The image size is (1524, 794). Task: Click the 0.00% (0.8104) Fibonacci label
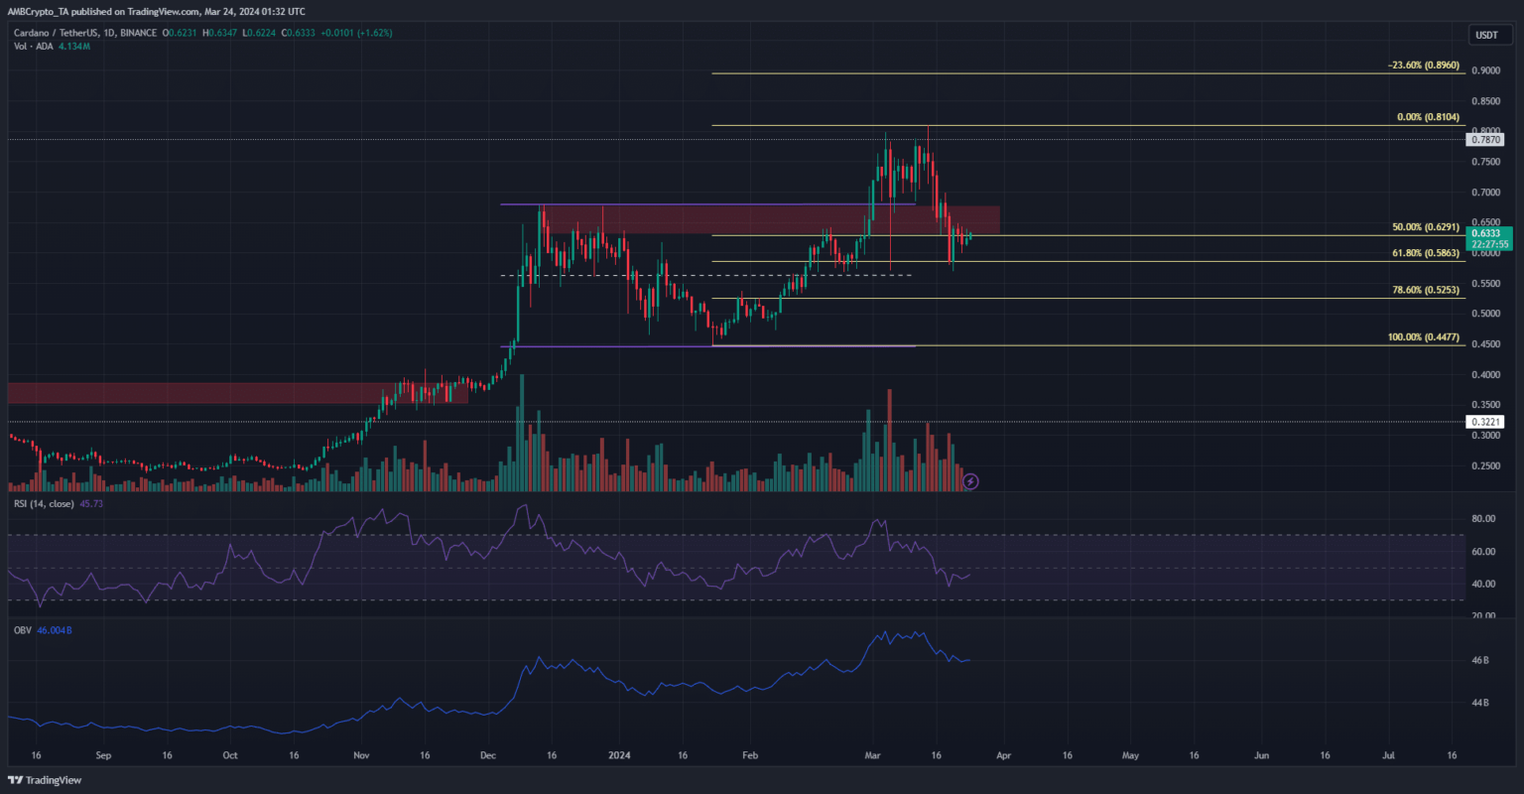tap(1427, 117)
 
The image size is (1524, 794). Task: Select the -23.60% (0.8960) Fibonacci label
tap(1423, 66)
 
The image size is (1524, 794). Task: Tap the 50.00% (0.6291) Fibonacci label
tap(1425, 227)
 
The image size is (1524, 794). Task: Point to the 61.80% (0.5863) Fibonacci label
tap(1425, 253)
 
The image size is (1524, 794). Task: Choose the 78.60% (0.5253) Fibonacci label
tap(1425, 290)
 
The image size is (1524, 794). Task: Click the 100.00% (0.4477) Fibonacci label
tap(1423, 337)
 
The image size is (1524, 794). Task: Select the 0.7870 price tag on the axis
tap(1485, 140)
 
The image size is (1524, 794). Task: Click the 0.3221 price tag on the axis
tap(1485, 422)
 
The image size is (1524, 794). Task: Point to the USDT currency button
tap(1486, 35)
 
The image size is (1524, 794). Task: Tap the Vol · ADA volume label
tap(29, 47)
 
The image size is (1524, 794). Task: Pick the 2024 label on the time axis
tap(619, 754)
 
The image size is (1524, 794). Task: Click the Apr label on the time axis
tap(1004, 754)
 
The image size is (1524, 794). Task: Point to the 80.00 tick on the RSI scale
tap(1484, 519)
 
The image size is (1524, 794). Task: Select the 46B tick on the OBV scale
tap(1480, 660)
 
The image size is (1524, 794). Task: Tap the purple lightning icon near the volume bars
tap(971, 481)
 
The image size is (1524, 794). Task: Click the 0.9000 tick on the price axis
tap(1486, 70)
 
